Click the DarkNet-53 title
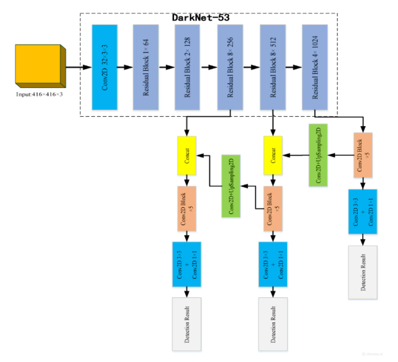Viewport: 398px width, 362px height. [x=200, y=17]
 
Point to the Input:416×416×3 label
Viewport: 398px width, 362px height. [x=40, y=94]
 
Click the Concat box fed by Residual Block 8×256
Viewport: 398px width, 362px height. [x=187, y=155]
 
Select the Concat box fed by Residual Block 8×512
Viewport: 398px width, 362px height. [x=273, y=155]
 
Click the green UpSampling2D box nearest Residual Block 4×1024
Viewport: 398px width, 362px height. [x=318, y=155]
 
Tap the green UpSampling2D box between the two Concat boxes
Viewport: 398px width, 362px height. [x=232, y=186]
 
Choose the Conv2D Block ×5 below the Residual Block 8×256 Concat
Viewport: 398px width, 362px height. [x=187, y=209]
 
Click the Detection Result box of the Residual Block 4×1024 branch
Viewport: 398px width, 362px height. [x=362, y=272]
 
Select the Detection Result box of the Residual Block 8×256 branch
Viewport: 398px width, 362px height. [x=187, y=324]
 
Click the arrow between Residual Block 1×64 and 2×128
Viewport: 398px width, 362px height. [x=166, y=67]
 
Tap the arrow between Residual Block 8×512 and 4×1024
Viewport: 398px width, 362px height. [x=293, y=67]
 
